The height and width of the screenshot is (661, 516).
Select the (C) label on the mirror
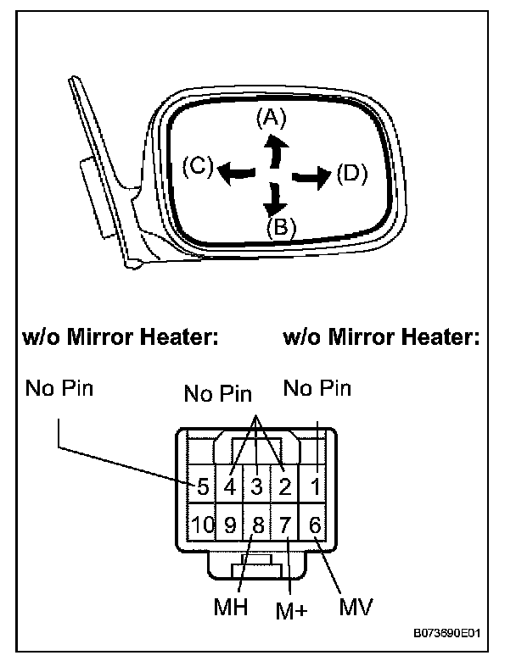point(198,167)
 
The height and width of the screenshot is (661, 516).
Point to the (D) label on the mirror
point(351,175)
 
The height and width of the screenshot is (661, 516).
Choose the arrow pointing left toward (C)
point(235,173)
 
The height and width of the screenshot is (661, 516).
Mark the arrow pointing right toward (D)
point(311,176)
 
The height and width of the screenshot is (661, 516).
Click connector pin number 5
point(203,487)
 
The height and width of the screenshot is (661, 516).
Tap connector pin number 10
point(202,525)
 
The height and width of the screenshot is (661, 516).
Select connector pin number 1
point(316,487)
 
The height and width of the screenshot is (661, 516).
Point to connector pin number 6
point(315,525)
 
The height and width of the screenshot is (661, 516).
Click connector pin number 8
point(258,525)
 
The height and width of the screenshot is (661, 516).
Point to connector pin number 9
point(230,525)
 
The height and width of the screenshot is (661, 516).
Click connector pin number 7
point(286,525)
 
